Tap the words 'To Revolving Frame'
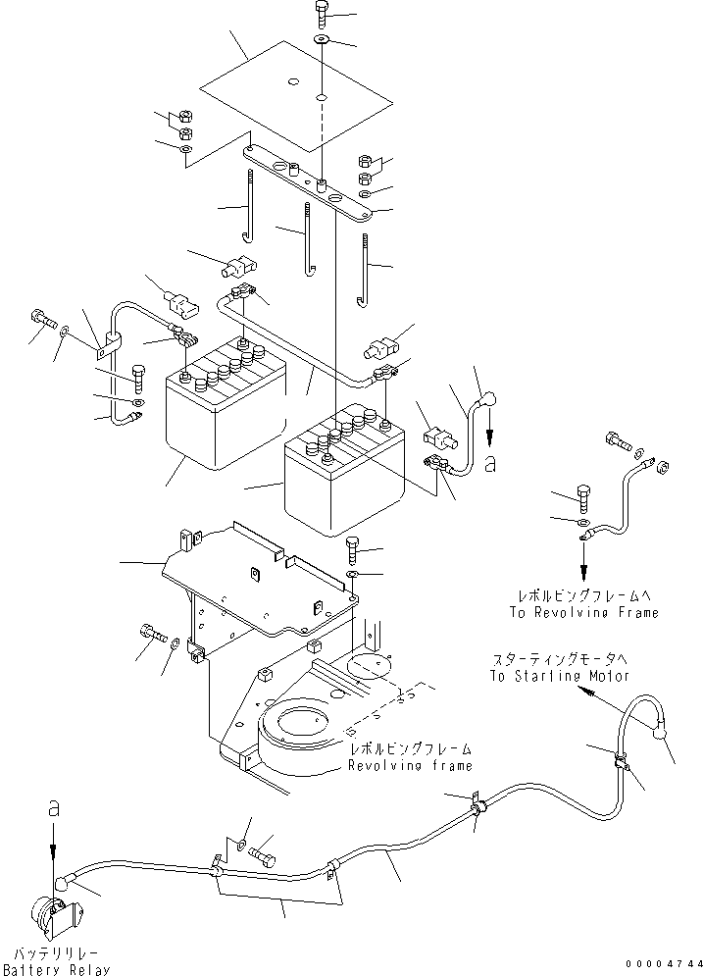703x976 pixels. (583, 612)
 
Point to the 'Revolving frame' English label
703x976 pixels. (411, 765)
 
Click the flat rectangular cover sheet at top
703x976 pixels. (296, 95)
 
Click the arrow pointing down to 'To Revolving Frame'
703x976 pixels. (584, 565)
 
